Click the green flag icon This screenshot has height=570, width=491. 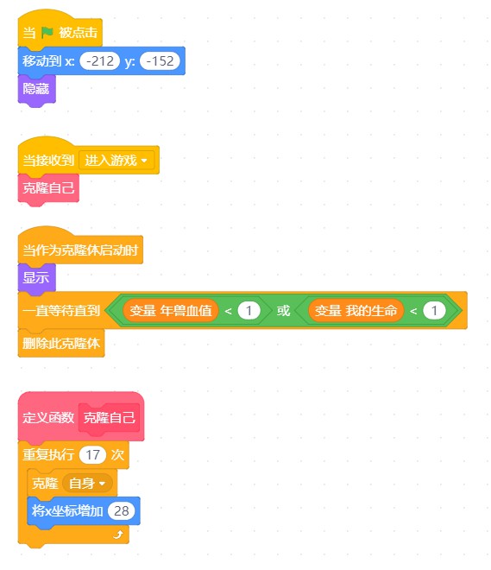47,33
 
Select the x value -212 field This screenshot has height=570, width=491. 100,61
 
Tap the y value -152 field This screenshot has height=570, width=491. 160,61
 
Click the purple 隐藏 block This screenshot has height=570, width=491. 36,89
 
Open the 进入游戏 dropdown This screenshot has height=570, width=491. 116,160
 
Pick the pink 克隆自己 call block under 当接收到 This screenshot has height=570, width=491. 48,188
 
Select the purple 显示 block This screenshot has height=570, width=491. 36,278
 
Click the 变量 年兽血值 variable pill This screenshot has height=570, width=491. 171,311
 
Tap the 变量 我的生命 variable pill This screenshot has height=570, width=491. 356,311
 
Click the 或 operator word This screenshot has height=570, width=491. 283,311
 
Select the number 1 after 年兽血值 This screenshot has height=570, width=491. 249,311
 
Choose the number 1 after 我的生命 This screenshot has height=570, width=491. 434,311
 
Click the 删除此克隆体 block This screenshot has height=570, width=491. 61,343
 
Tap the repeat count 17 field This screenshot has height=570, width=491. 92,455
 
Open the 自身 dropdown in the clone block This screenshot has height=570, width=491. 87,484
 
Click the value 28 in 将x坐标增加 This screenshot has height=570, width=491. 122,511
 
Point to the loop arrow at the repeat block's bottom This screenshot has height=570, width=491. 118,535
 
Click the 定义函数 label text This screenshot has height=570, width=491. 48,418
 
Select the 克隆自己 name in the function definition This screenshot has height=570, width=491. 110,418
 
